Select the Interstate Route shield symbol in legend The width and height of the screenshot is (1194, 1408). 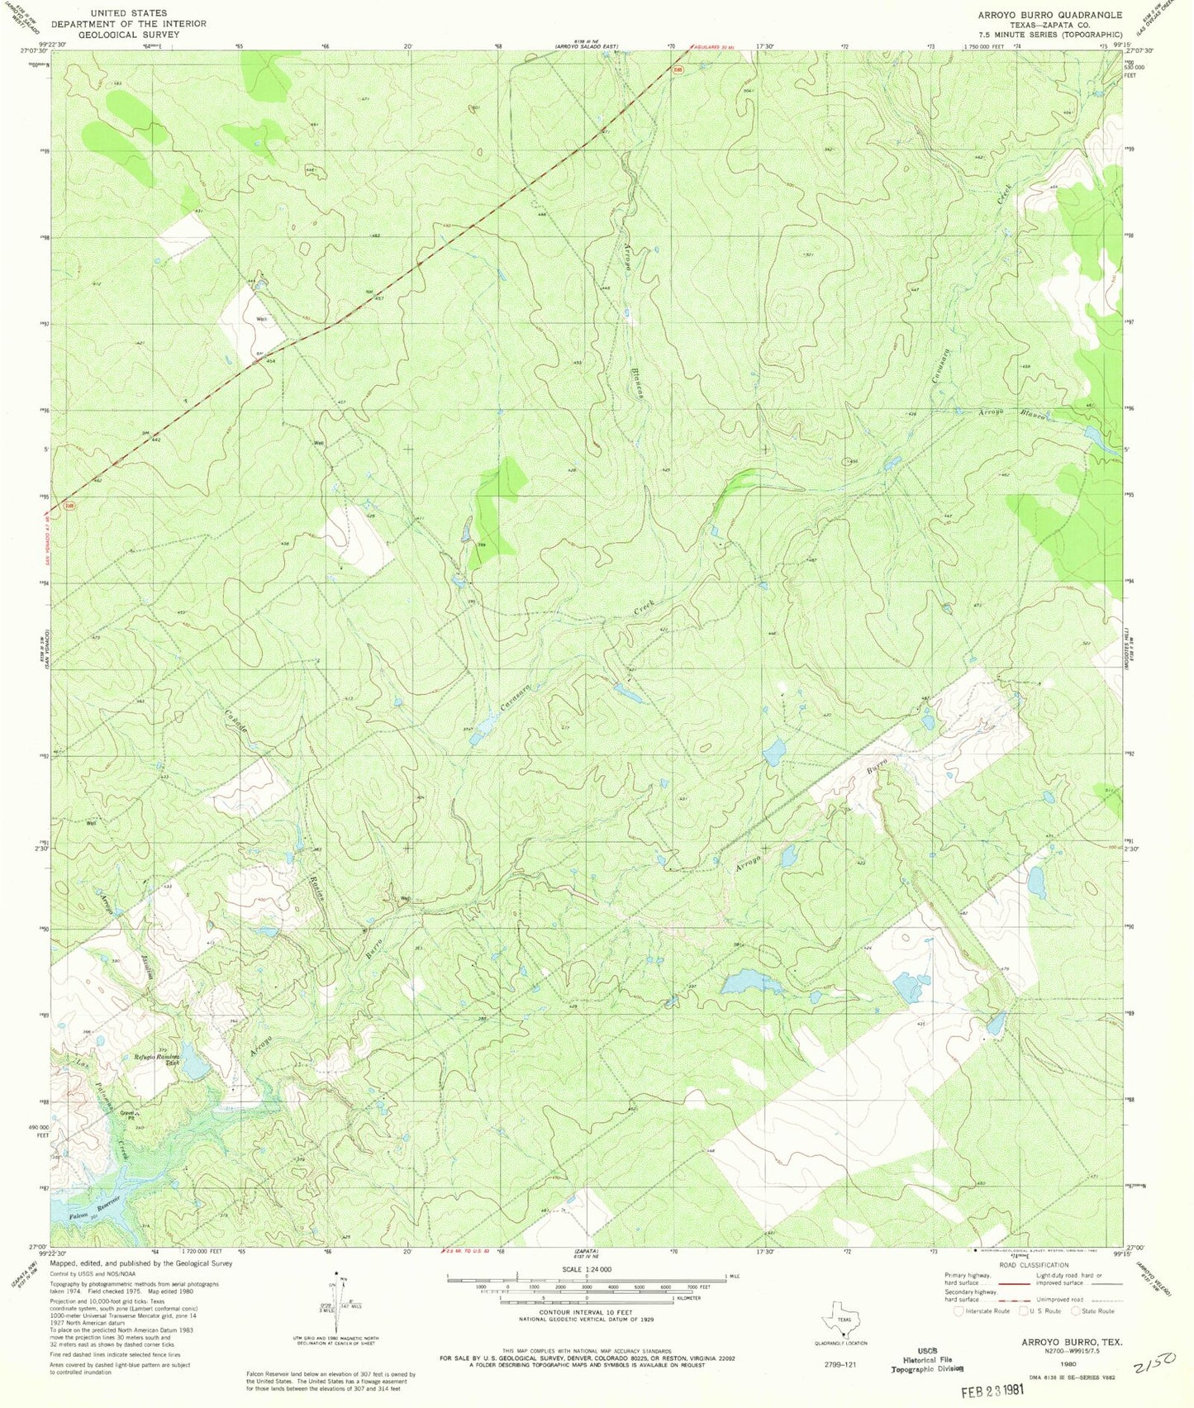(959, 1310)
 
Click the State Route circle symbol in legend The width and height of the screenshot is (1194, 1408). (1076, 1310)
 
